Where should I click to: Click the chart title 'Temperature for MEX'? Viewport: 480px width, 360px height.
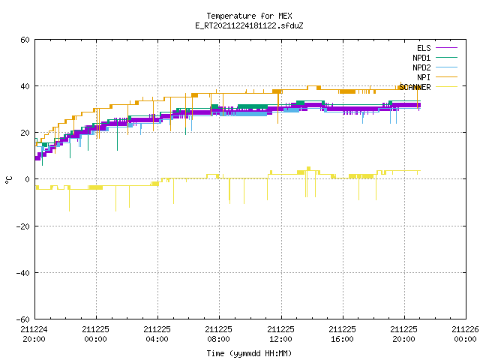pyautogui.click(x=249, y=16)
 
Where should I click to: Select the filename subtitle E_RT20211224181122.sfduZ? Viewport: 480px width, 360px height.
pyautogui.click(x=249, y=25)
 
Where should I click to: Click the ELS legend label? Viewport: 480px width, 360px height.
pyautogui.click(x=424, y=48)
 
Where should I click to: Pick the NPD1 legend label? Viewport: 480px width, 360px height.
pyautogui.click(x=421, y=58)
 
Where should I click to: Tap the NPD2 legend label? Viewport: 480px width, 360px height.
pyautogui.click(x=421, y=67)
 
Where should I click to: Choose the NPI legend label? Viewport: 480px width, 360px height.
pyautogui.click(x=424, y=77)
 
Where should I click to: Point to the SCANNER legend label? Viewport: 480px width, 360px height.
pyautogui.click(x=415, y=87)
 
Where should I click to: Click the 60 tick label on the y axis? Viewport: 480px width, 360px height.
pyautogui.click(x=25, y=40)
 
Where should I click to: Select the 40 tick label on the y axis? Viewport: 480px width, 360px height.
pyautogui.click(x=25, y=86)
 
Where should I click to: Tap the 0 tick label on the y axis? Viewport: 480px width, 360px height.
pyautogui.click(x=28, y=179)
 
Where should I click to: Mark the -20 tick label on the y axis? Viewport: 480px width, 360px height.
pyautogui.click(x=23, y=226)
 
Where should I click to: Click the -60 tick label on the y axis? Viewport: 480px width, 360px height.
pyautogui.click(x=23, y=319)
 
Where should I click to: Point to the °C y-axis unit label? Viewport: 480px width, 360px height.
pyautogui.click(x=8, y=180)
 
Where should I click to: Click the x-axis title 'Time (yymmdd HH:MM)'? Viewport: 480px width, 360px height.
pyautogui.click(x=249, y=353)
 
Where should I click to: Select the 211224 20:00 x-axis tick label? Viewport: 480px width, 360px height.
pyautogui.click(x=34, y=334)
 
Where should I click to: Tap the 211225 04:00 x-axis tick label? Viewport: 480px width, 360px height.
pyautogui.click(x=157, y=334)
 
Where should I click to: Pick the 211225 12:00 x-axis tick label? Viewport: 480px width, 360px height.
pyautogui.click(x=280, y=334)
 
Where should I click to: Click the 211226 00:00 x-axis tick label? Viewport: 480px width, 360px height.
pyautogui.click(x=465, y=334)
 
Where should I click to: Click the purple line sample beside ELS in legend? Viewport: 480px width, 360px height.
pyautogui.click(x=446, y=48)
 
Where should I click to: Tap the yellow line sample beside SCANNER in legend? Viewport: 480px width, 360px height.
pyautogui.click(x=446, y=87)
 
